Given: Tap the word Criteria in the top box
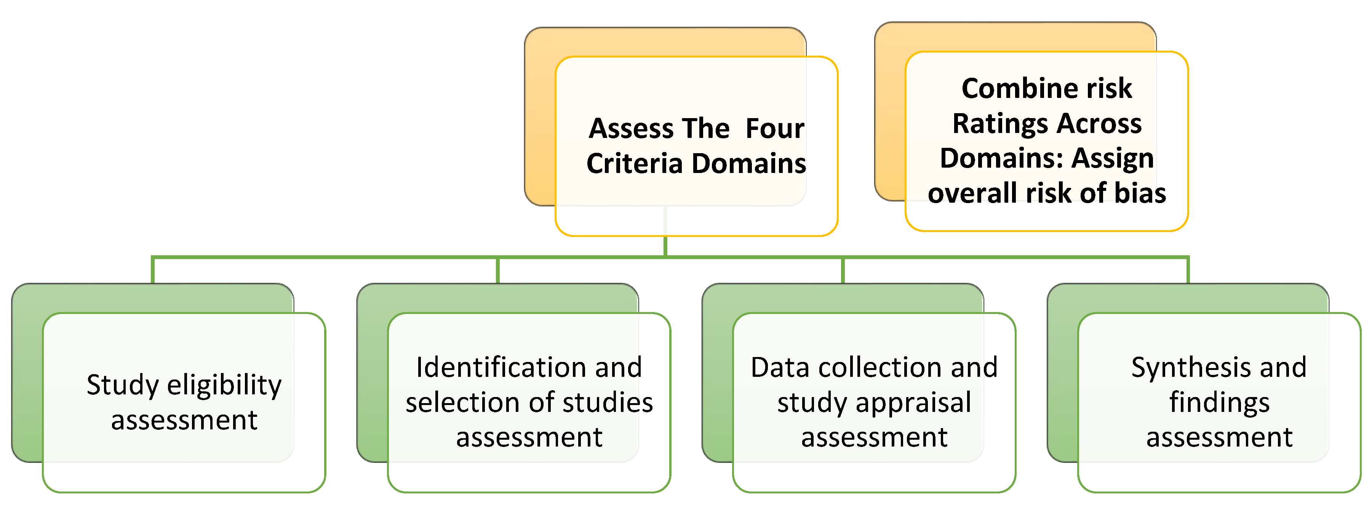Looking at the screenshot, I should (x=634, y=163).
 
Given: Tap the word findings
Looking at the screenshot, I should (x=1219, y=402).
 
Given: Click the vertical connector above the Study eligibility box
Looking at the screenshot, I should (x=153, y=271).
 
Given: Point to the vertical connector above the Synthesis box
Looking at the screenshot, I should (x=1188, y=271).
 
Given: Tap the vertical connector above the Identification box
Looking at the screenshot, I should (x=497, y=271).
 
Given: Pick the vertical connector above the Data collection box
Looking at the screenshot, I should (x=843, y=271).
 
